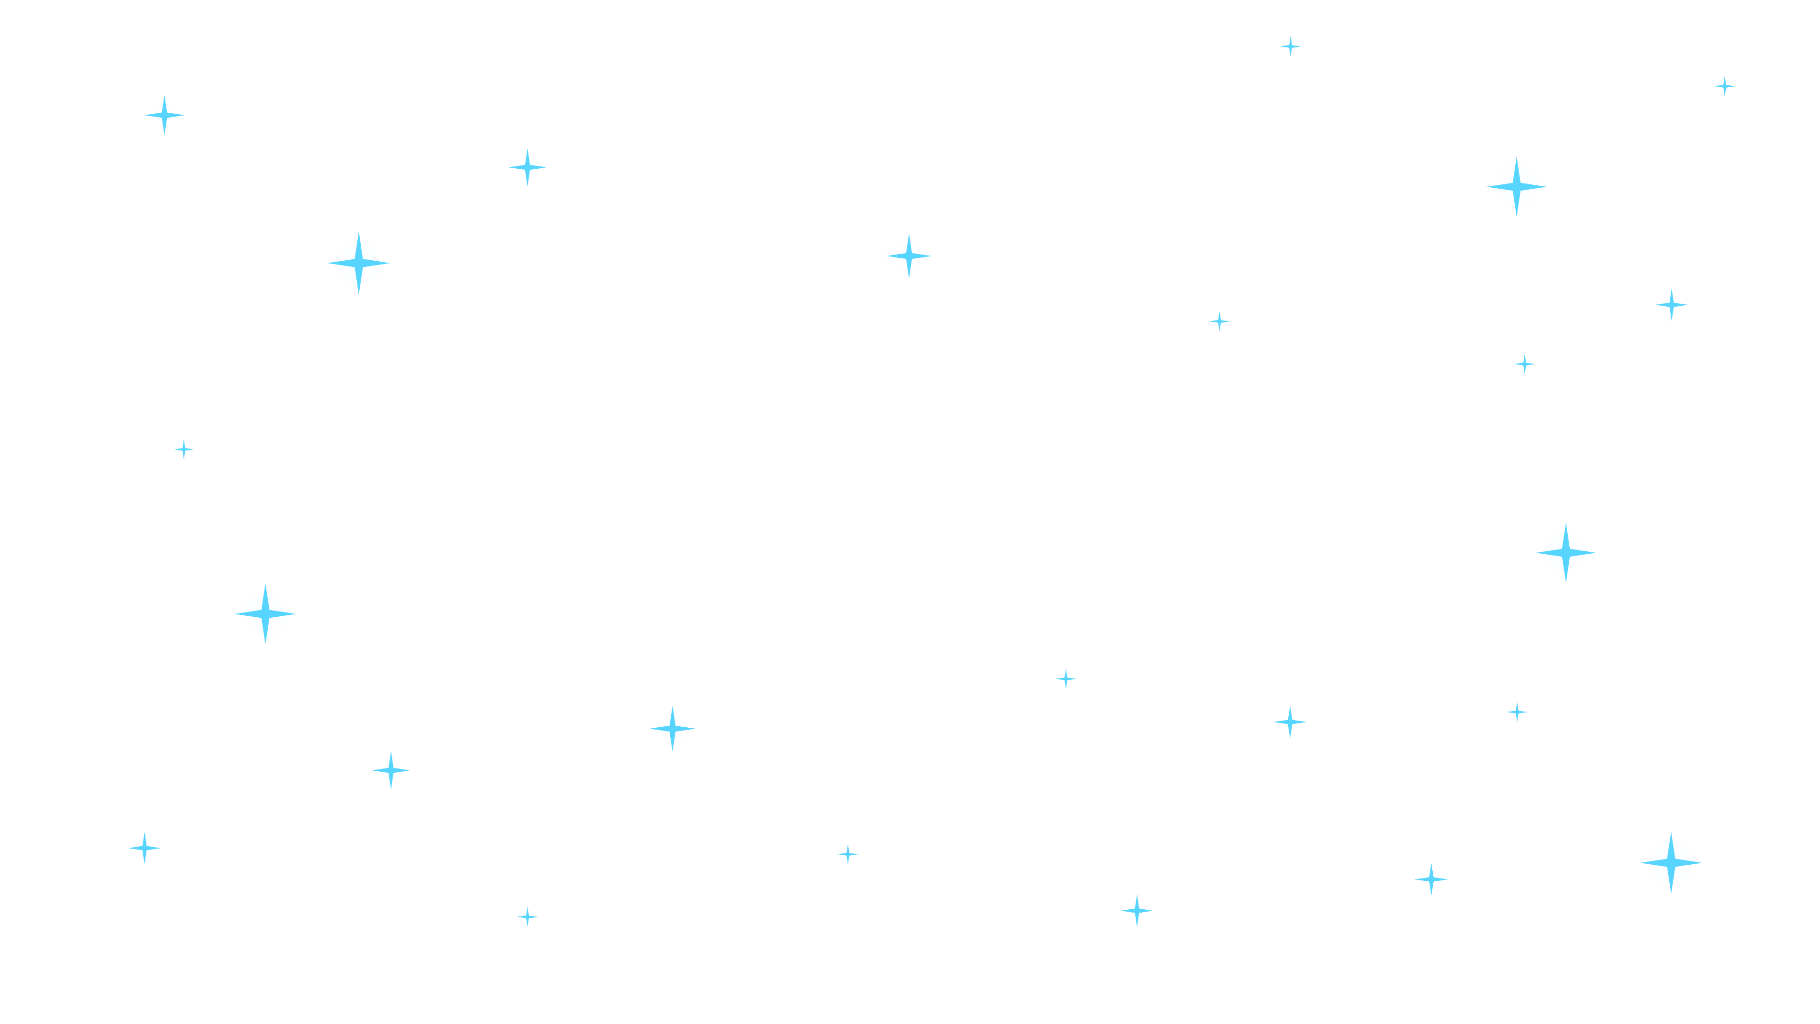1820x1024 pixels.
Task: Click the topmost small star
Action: click(1290, 46)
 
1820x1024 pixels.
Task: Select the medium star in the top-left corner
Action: click(164, 114)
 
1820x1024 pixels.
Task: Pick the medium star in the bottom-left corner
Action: click(144, 847)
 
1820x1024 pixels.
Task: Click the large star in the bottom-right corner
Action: click(1671, 862)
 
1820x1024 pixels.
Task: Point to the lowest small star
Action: click(527, 916)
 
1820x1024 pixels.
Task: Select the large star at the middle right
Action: click(1565, 552)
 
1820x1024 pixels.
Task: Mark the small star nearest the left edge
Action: click(184, 449)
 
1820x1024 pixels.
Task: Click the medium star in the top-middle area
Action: click(909, 255)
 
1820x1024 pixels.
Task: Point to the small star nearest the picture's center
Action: click(1066, 678)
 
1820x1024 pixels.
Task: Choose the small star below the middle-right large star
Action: click(1517, 711)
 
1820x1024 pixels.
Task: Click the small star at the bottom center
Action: click(848, 854)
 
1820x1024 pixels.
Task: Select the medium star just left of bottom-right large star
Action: click(1431, 879)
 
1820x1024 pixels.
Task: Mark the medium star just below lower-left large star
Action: click(391, 769)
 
